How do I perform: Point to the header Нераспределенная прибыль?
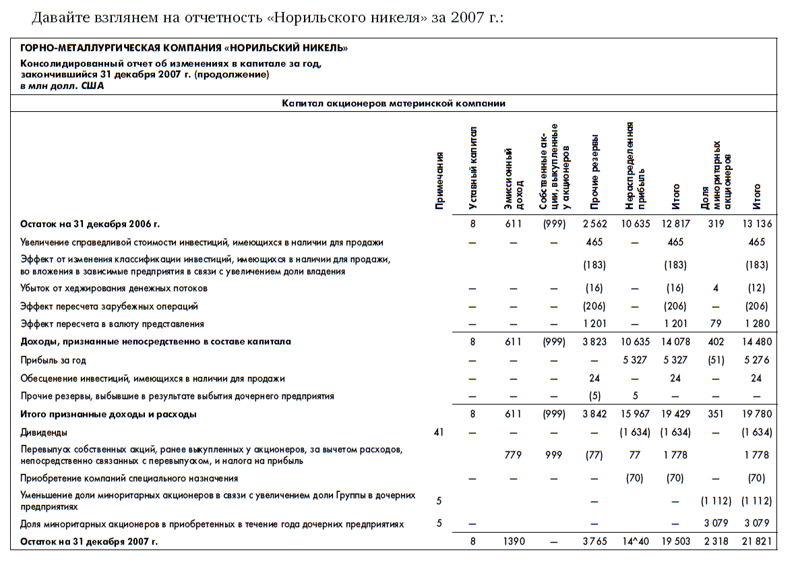pos(634,166)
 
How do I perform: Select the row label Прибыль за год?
pos(53,361)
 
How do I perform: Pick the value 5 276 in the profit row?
pos(757,361)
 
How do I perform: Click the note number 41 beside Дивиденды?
pos(439,432)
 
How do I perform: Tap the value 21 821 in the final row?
pos(756,541)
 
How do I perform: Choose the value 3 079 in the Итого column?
pos(757,524)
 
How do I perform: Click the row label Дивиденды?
pos(44,432)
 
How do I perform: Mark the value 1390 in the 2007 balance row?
pos(515,541)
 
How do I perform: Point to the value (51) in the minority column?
pos(716,361)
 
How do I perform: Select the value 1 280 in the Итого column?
pos(757,324)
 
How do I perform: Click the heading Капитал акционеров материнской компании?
pos(393,104)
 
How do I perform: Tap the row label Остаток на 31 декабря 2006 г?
pos(90,224)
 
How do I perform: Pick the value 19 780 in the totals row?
pos(756,415)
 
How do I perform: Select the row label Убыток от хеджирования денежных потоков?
pos(114,289)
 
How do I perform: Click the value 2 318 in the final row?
pos(716,541)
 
